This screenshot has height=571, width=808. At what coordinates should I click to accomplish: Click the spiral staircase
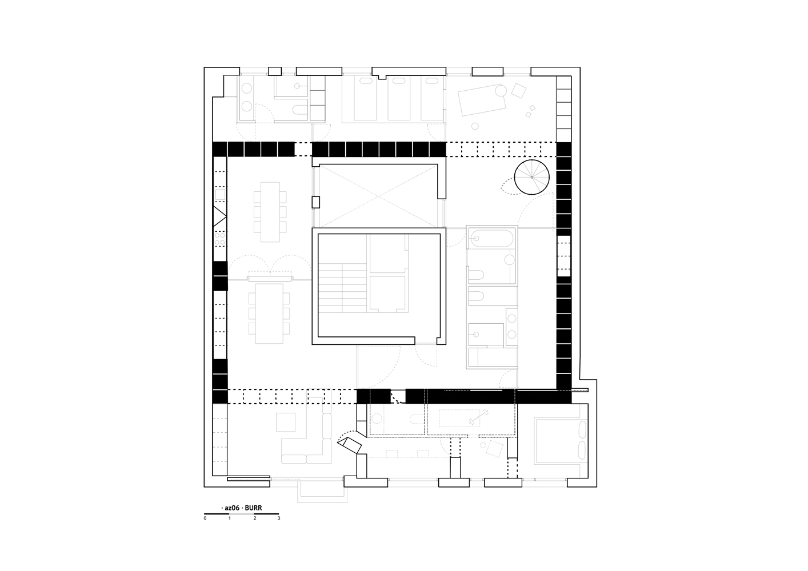tap(531, 177)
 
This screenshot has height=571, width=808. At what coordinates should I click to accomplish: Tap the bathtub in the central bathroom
tap(491, 238)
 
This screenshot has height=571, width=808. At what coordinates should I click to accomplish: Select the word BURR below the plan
tap(253, 508)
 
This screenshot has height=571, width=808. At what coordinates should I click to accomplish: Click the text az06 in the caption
tap(232, 508)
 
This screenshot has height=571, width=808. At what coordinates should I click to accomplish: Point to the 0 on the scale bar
tap(205, 518)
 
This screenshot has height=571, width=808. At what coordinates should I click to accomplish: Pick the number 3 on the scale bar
tap(279, 518)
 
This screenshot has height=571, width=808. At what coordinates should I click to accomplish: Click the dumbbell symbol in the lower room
tap(478, 417)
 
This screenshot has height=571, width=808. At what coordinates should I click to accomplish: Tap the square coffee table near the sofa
tap(286, 422)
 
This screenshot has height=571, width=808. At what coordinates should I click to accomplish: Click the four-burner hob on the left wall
tap(219, 239)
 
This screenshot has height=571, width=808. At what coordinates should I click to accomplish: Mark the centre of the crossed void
tap(378, 196)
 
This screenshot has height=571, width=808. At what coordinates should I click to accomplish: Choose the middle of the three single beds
tap(399, 98)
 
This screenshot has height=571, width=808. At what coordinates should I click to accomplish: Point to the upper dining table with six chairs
tap(270, 212)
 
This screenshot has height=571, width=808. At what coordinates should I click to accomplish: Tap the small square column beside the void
tap(316, 202)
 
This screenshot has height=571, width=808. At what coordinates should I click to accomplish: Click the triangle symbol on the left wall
tap(219, 216)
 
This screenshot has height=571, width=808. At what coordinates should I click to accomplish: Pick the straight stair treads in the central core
tap(343, 288)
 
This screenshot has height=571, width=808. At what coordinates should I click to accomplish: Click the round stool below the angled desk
tap(475, 126)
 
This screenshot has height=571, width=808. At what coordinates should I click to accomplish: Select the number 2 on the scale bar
tap(255, 518)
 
